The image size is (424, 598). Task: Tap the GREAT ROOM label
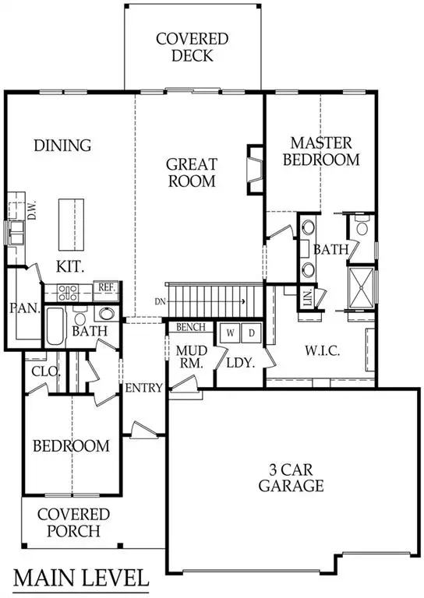(191, 173)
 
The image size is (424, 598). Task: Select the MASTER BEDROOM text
(321, 152)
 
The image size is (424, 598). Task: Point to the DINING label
(63, 146)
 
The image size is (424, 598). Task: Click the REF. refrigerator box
(106, 287)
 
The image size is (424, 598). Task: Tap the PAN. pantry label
(24, 308)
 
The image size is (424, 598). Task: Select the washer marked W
(231, 332)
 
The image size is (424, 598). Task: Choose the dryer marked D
(251, 332)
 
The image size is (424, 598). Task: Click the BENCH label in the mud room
(190, 327)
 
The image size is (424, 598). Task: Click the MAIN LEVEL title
(82, 579)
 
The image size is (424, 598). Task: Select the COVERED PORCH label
(73, 522)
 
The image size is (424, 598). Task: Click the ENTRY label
(143, 388)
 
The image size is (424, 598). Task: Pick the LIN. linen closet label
(308, 297)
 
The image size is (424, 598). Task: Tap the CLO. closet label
(45, 372)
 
